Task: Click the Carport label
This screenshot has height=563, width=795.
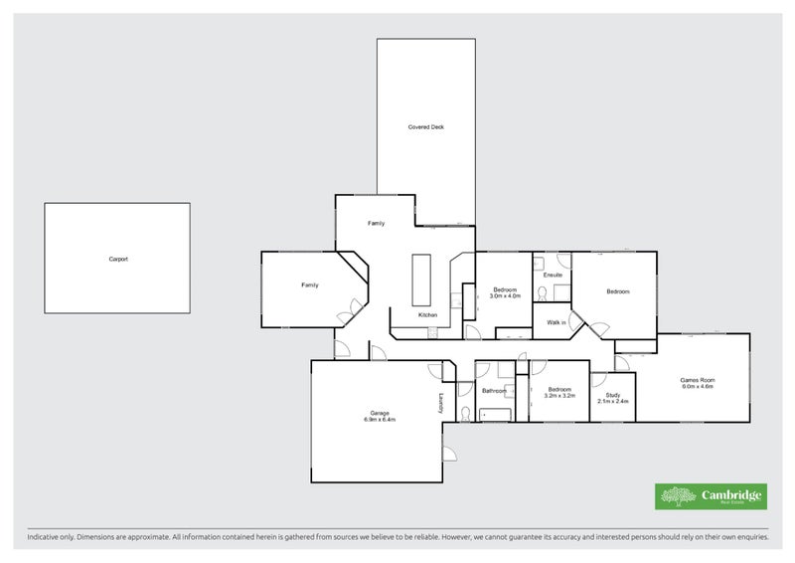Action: click(x=118, y=259)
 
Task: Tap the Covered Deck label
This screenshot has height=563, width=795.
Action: click(x=426, y=127)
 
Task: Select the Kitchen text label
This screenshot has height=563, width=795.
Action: click(x=427, y=315)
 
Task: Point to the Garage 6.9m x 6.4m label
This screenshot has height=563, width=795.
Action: click(x=379, y=416)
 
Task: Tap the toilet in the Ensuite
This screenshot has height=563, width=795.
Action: click(x=543, y=292)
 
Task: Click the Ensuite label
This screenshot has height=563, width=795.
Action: click(x=553, y=275)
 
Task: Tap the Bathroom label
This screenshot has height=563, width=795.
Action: click(x=494, y=391)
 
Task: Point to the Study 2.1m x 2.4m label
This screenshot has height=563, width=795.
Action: click(x=613, y=399)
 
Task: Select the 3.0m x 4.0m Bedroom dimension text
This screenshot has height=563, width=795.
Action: click(x=506, y=296)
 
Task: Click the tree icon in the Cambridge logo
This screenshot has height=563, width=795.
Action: click(x=679, y=496)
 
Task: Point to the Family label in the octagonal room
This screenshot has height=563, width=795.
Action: click(x=310, y=285)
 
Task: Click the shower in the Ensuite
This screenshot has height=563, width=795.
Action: click(x=562, y=291)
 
